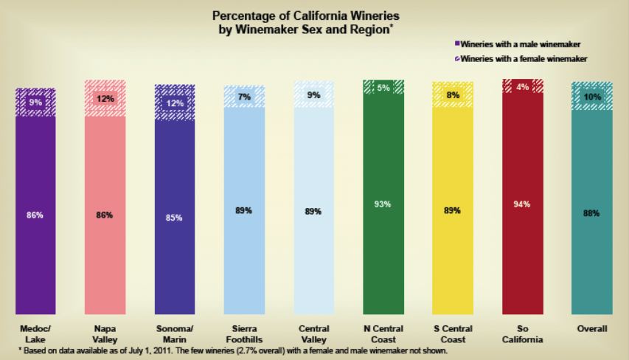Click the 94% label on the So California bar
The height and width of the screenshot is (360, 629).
(x=523, y=204)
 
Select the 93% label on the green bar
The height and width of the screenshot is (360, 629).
(x=383, y=204)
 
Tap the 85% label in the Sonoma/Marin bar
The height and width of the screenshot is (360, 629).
(x=175, y=217)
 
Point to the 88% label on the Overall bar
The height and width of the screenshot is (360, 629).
(x=591, y=213)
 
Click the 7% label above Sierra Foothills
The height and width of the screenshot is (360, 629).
(x=244, y=97)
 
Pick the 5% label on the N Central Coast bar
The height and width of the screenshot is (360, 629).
(x=383, y=88)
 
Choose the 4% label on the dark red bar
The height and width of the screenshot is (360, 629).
(x=523, y=87)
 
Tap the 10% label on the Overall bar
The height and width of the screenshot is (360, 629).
(x=592, y=97)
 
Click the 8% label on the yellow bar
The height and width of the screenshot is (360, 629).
(x=453, y=94)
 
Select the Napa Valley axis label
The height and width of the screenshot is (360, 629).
(x=105, y=333)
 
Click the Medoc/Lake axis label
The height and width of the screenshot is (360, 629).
(x=36, y=333)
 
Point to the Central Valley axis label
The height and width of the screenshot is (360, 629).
(x=313, y=333)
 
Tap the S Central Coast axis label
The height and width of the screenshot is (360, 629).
(x=453, y=333)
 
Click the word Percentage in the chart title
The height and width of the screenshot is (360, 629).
(x=249, y=15)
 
